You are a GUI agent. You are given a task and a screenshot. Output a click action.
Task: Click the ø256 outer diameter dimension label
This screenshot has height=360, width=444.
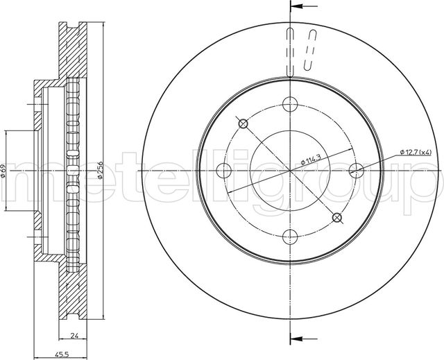(99, 170)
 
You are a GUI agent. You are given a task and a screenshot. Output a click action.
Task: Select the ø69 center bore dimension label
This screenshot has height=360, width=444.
(3, 171)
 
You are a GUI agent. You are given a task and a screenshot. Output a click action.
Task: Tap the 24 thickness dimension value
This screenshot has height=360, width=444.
(74, 336)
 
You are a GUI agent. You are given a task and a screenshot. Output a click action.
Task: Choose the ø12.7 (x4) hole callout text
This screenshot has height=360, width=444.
(416, 153)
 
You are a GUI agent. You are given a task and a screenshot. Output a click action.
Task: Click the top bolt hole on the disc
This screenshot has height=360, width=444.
(290, 104)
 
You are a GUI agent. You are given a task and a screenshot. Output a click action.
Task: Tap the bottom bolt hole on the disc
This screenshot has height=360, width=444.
(290, 237)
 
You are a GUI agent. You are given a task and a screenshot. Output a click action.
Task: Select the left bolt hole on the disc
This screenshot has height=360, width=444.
(223, 171)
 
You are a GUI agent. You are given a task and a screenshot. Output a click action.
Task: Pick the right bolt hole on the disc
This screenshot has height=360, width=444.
(357, 171)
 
